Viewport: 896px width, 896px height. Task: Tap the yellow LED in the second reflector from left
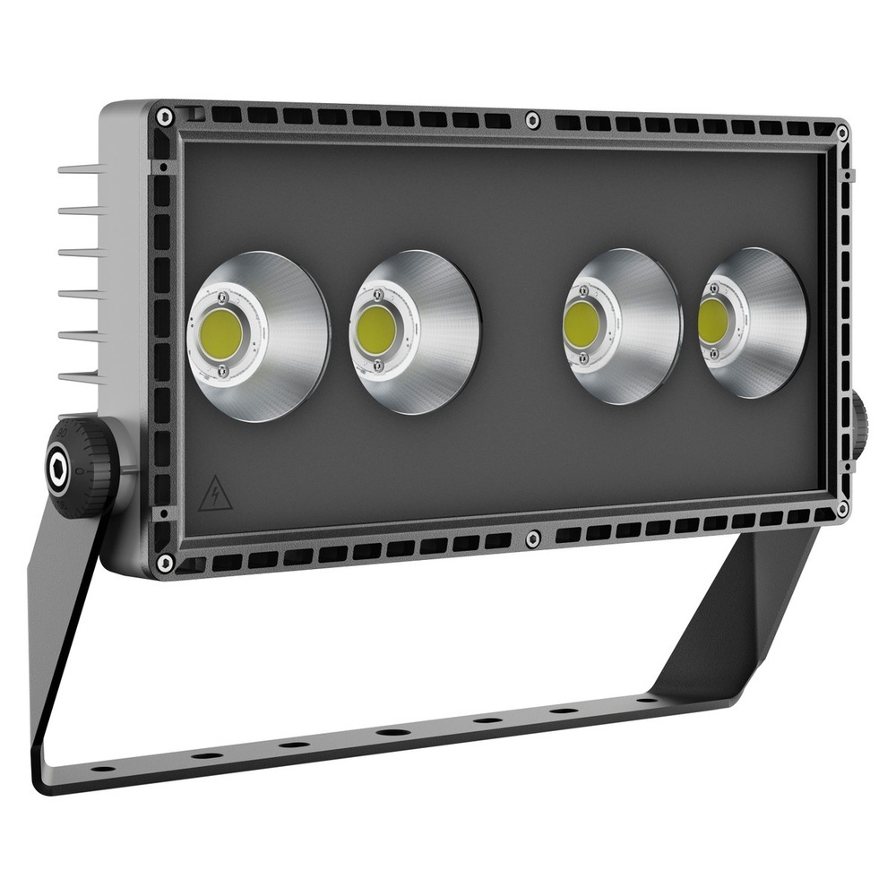tap(376, 330)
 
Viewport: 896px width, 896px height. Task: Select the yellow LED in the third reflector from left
tap(582, 323)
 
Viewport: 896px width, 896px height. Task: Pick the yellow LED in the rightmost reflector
tap(713, 320)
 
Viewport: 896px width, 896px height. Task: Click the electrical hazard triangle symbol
tap(215, 495)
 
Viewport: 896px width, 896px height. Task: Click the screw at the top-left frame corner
tap(164, 116)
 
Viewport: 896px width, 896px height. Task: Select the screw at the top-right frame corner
tap(842, 133)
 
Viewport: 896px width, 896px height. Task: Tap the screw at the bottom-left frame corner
tap(164, 563)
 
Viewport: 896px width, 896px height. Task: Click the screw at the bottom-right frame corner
tap(842, 508)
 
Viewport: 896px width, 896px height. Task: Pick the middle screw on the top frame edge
tap(532, 119)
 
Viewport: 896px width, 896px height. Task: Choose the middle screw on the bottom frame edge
tap(532, 538)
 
